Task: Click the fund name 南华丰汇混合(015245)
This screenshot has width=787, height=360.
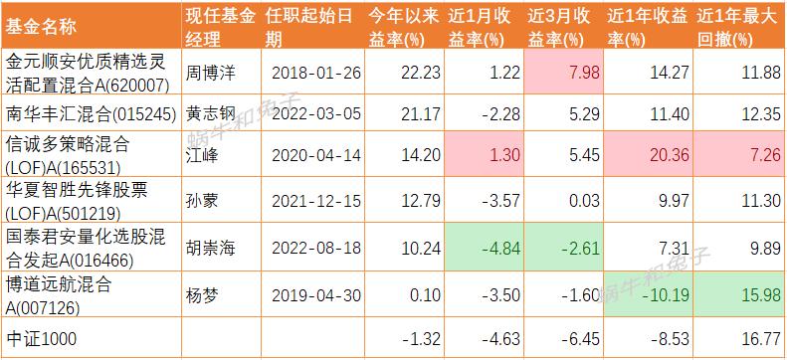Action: [90, 113]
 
